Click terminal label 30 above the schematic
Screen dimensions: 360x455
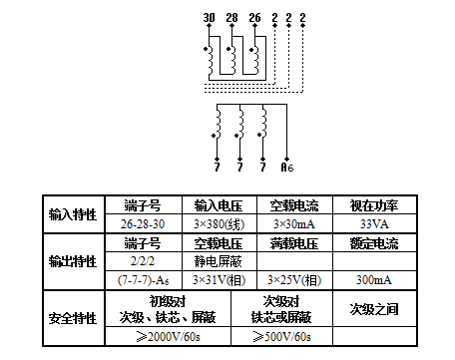[x=209, y=18]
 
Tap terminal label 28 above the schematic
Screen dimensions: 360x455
[x=231, y=18]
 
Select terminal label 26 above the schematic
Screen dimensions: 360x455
[x=254, y=18]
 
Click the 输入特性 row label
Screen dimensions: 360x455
[x=73, y=214]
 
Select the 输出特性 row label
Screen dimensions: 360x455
[x=73, y=261]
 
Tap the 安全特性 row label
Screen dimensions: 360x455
[x=73, y=319]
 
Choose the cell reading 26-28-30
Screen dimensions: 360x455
[x=141, y=223]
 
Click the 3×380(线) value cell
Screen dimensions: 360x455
[x=213, y=223]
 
